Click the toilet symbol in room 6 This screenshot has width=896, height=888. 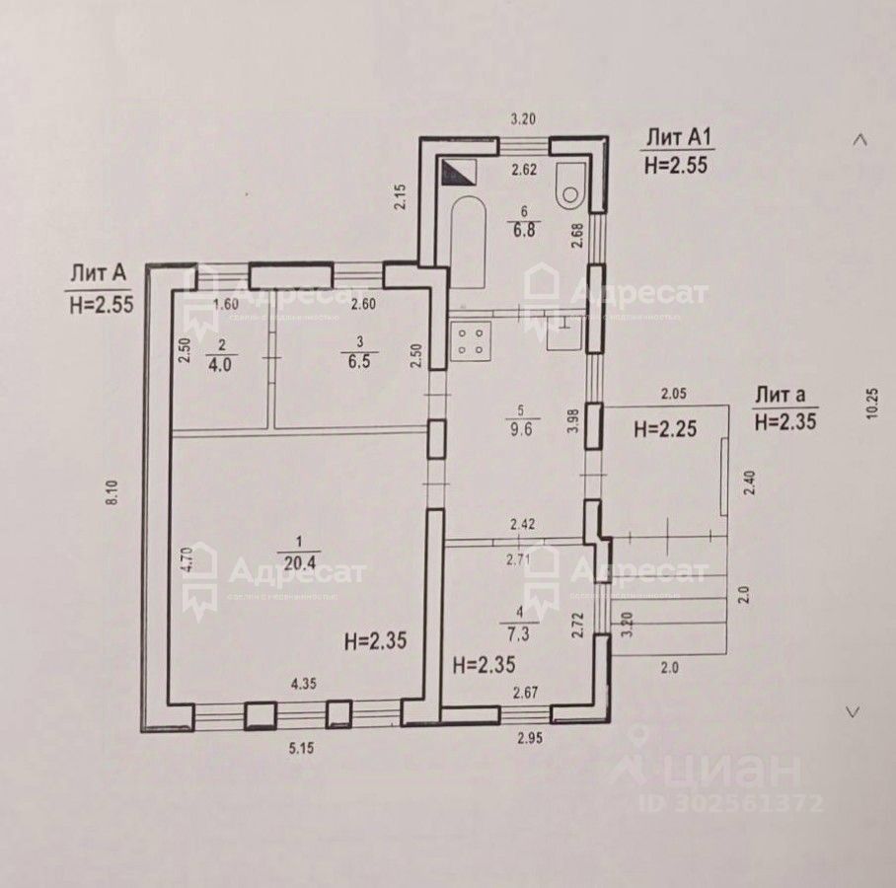(x=571, y=186)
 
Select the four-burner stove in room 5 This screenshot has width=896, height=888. (x=470, y=341)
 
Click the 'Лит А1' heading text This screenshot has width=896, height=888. (x=676, y=136)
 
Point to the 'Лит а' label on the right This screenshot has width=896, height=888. (x=781, y=396)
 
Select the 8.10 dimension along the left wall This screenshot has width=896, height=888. (x=113, y=492)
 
